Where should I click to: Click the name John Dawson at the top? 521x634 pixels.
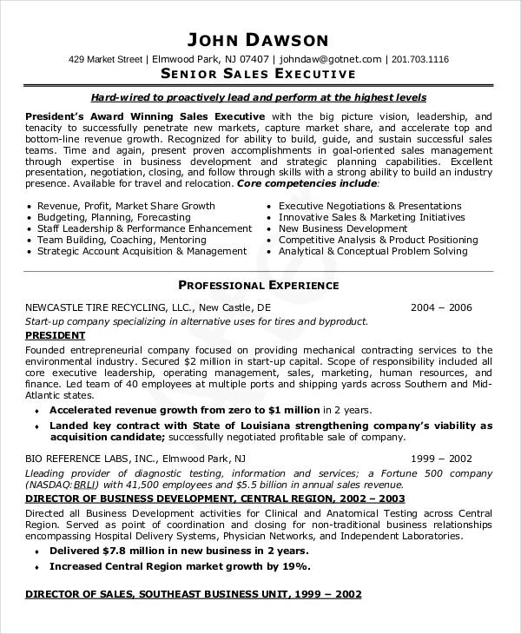(x=258, y=39)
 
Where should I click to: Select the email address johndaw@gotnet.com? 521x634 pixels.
(x=331, y=59)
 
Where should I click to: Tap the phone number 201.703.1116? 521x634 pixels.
(x=420, y=59)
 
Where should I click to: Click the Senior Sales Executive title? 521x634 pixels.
(x=258, y=76)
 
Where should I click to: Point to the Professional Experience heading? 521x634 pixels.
(x=258, y=285)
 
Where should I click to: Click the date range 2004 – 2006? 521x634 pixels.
(x=441, y=307)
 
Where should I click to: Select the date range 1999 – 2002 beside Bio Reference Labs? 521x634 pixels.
(x=441, y=457)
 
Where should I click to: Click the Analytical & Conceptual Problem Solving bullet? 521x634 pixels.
(x=373, y=251)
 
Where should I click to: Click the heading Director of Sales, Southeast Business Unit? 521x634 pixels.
(x=192, y=595)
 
